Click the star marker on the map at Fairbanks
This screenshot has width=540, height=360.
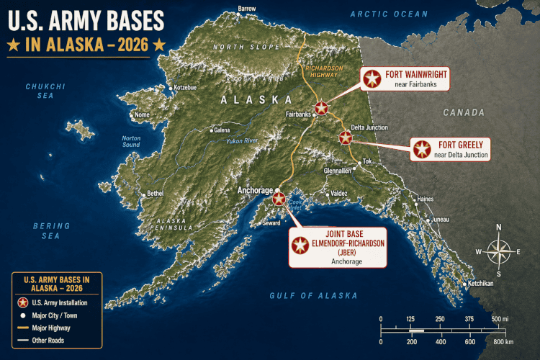click(321, 108)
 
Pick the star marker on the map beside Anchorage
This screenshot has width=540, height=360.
click(279, 197)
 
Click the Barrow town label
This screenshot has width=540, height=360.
click(246, 9)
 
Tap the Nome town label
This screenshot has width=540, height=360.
click(143, 115)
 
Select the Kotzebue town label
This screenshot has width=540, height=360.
click(184, 87)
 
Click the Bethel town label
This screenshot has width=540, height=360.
click(155, 193)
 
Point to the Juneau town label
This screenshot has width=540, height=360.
click(440, 219)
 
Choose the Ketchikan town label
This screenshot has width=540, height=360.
click(480, 283)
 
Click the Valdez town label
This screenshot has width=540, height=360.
click(340, 194)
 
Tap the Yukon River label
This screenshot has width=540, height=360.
click(240, 140)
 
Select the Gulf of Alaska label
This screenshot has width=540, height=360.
click(313, 296)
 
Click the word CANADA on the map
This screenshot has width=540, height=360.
click(462, 112)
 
